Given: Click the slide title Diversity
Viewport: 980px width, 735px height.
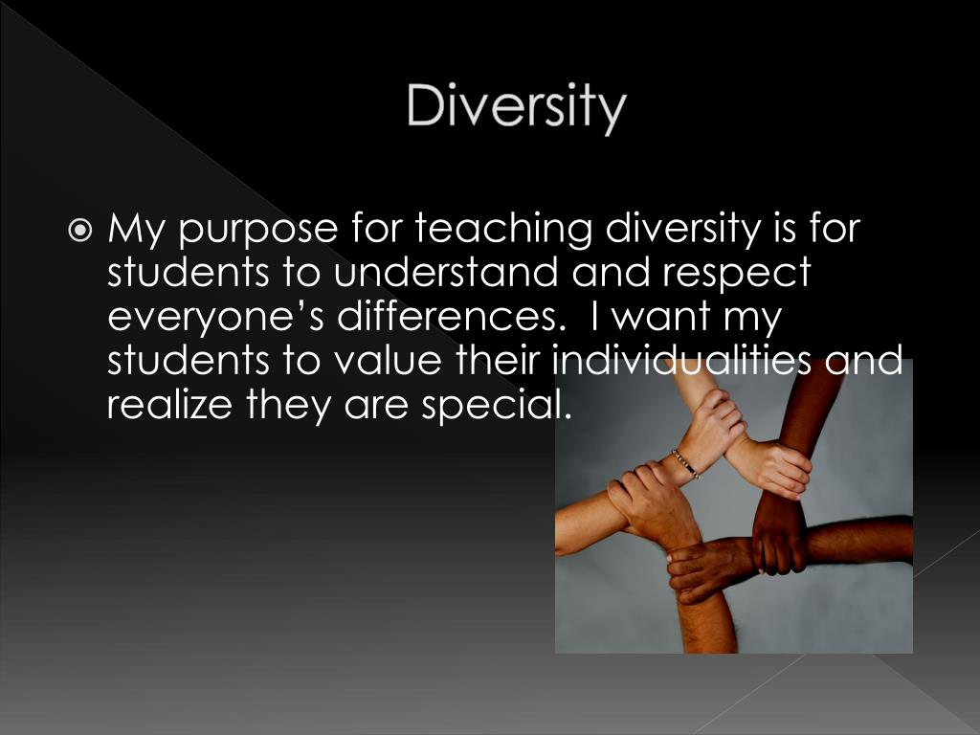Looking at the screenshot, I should (x=516, y=106).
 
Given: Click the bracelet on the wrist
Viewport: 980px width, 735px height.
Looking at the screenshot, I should (x=684, y=463).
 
